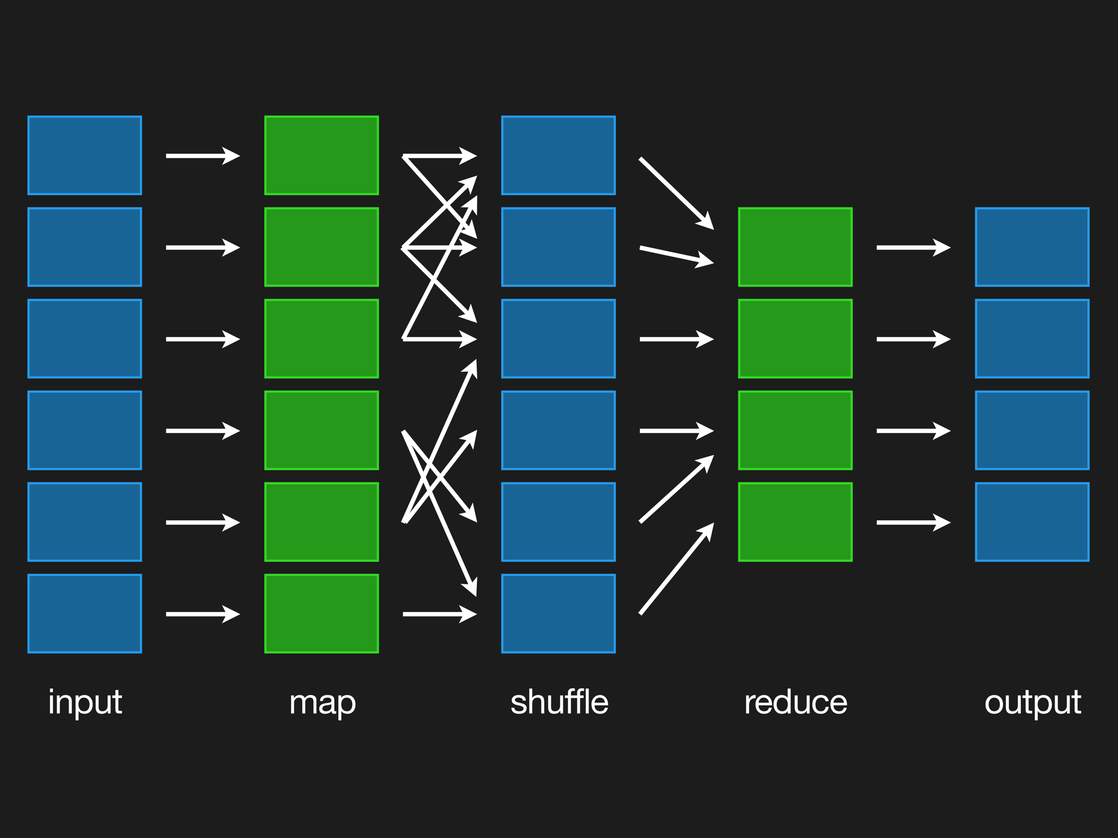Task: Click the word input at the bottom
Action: tap(85, 702)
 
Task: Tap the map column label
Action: tap(322, 703)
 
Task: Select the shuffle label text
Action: tap(559, 702)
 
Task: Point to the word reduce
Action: tap(795, 702)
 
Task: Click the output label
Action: tap(1032, 702)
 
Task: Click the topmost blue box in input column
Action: tap(85, 155)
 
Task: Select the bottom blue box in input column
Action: tap(85, 614)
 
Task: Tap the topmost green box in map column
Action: tap(322, 155)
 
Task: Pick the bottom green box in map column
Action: tap(322, 614)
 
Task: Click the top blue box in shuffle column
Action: tap(558, 155)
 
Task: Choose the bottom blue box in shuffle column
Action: tap(558, 614)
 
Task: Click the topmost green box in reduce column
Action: tap(795, 247)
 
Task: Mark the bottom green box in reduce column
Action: tap(795, 522)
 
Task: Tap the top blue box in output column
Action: tap(1032, 247)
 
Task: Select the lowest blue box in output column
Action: tap(1032, 522)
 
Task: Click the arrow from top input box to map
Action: tap(202, 156)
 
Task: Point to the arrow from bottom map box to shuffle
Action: tap(439, 614)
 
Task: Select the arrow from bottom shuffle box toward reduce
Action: tap(676, 570)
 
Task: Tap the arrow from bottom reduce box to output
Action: tap(913, 523)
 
